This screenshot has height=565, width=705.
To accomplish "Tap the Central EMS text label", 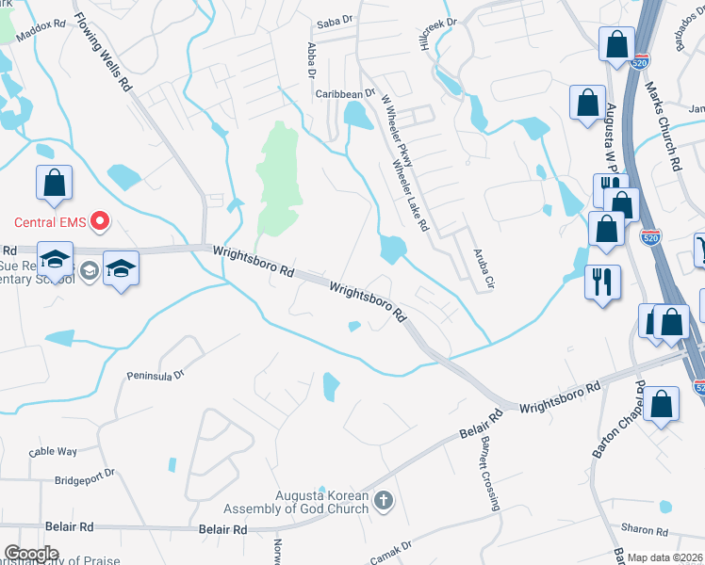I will (50, 223).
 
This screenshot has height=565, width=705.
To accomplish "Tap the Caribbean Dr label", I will (339, 94).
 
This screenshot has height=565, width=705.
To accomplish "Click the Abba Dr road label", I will (310, 60).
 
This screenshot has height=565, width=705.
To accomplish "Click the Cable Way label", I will (53, 452).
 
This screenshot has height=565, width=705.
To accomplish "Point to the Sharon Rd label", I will (644, 530).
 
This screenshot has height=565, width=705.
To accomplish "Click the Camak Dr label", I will (394, 548).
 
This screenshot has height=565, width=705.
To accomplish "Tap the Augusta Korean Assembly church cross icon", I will (383, 500).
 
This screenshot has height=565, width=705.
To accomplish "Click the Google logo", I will (30, 554).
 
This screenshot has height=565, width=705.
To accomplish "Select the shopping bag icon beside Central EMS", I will (54, 183).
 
